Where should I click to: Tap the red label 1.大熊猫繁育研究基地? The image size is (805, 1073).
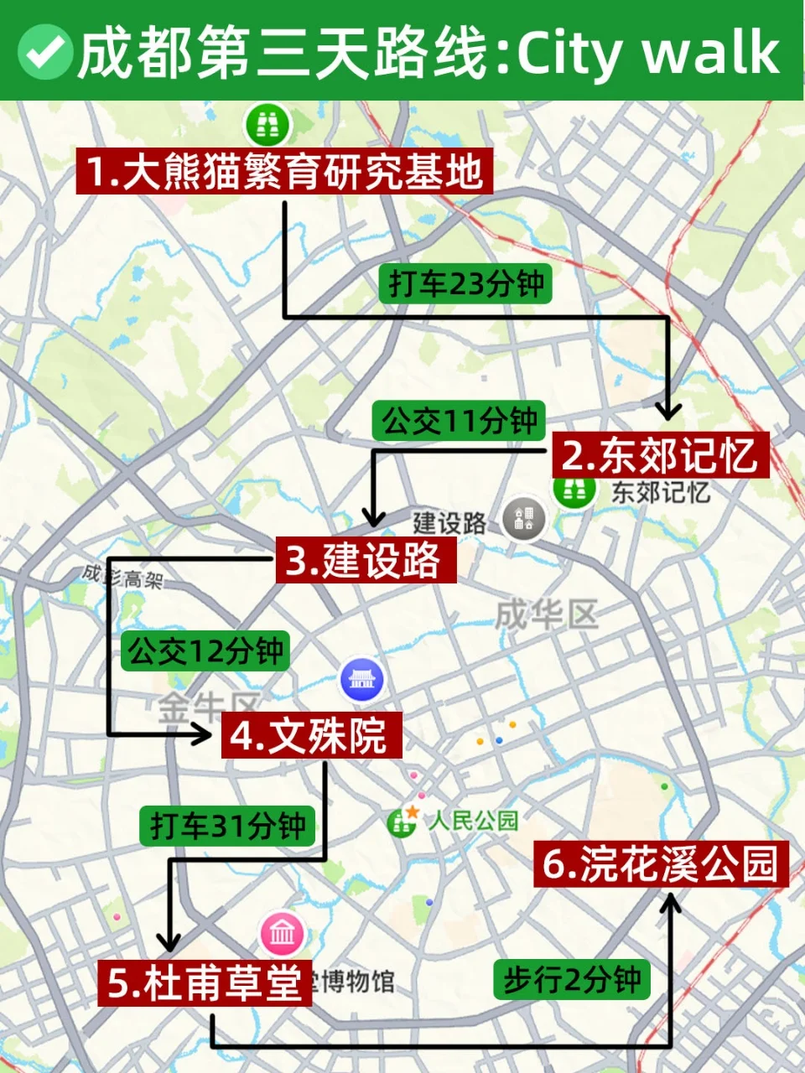[284, 171]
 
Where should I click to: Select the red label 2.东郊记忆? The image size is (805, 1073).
[660, 455]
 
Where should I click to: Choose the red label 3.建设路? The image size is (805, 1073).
[366, 560]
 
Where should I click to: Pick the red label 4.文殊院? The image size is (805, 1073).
[311, 735]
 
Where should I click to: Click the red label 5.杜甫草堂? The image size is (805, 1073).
[205, 982]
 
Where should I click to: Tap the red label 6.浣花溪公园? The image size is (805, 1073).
[661, 863]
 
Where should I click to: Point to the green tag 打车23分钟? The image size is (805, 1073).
[466, 283]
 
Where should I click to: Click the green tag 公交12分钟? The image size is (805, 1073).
[206, 651]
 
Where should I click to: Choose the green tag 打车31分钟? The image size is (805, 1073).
[227, 827]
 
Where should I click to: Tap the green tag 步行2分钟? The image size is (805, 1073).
[572, 979]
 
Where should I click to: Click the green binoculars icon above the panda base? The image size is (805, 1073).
[267, 126]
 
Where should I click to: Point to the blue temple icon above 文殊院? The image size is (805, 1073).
[361, 679]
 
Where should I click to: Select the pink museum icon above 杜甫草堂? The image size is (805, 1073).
[283, 933]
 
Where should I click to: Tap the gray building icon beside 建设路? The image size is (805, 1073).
[524, 519]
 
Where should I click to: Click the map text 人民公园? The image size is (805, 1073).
[474, 820]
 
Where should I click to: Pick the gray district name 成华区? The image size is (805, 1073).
[546, 614]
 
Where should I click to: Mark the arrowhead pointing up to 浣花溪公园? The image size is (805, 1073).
[670, 905]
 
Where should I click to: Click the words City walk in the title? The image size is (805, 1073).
[648, 52]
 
